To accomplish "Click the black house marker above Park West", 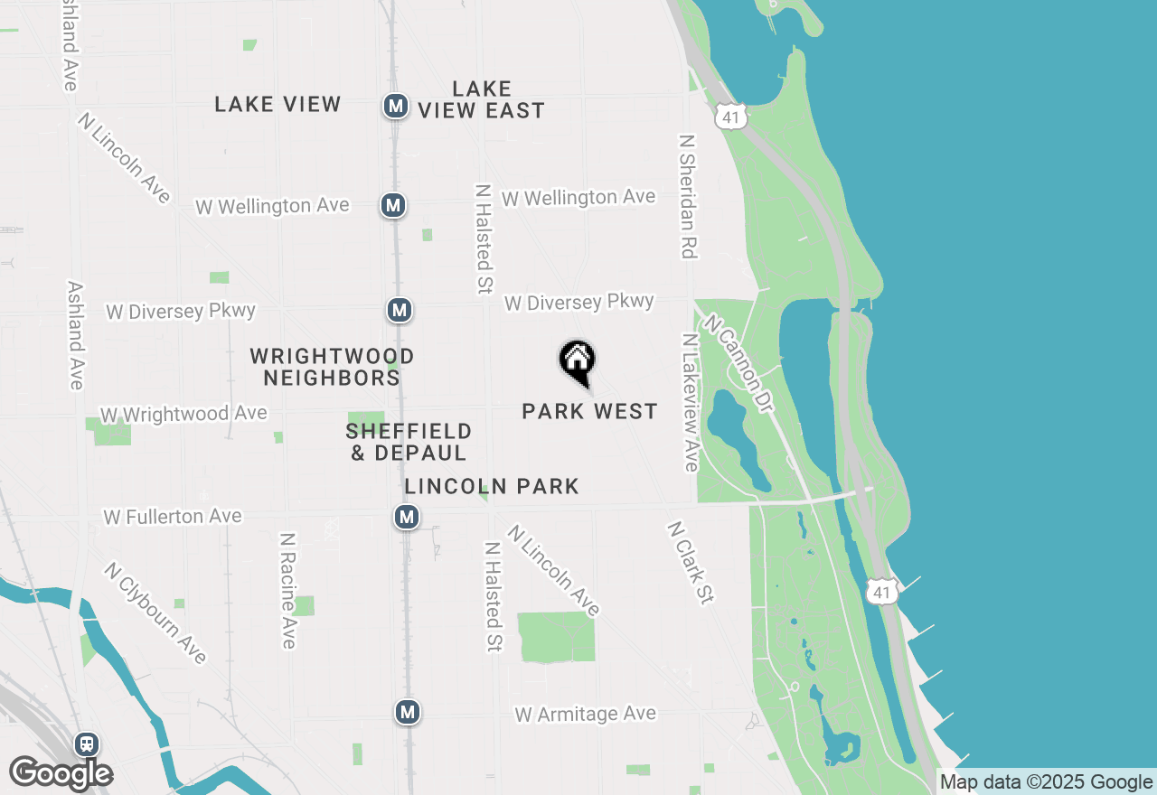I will pyautogui.click(x=577, y=361).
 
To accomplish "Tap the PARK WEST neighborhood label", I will pyautogui.click(x=589, y=412).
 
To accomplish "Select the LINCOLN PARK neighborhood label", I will pyautogui.click(x=492, y=487).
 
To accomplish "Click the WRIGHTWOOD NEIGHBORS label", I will pyautogui.click(x=332, y=367).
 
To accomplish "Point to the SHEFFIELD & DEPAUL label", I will pyautogui.click(x=409, y=442).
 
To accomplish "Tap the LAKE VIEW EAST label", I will pyautogui.click(x=482, y=99).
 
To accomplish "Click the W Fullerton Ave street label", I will pyautogui.click(x=173, y=517).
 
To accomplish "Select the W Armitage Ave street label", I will pyautogui.click(x=585, y=714).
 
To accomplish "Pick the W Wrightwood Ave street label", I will pyautogui.click(x=183, y=414).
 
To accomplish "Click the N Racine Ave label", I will pyautogui.click(x=288, y=590).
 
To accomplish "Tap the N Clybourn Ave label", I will pyautogui.click(x=155, y=613).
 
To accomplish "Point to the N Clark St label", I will pyautogui.click(x=691, y=561).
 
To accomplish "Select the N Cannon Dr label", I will pyautogui.click(x=738, y=363).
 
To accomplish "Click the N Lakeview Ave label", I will pyautogui.click(x=691, y=403).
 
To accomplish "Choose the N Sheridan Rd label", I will pyautogui.click(x=688, y=196).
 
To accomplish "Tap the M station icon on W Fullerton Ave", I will pyautogui.click(x=407, y=518).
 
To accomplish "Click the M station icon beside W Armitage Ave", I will pyautogui.click(x=408, y=712).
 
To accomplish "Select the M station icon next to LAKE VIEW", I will pyautogui.click(x=395, y=106).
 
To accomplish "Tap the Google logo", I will pyautogui.click(x=61, y=774).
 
